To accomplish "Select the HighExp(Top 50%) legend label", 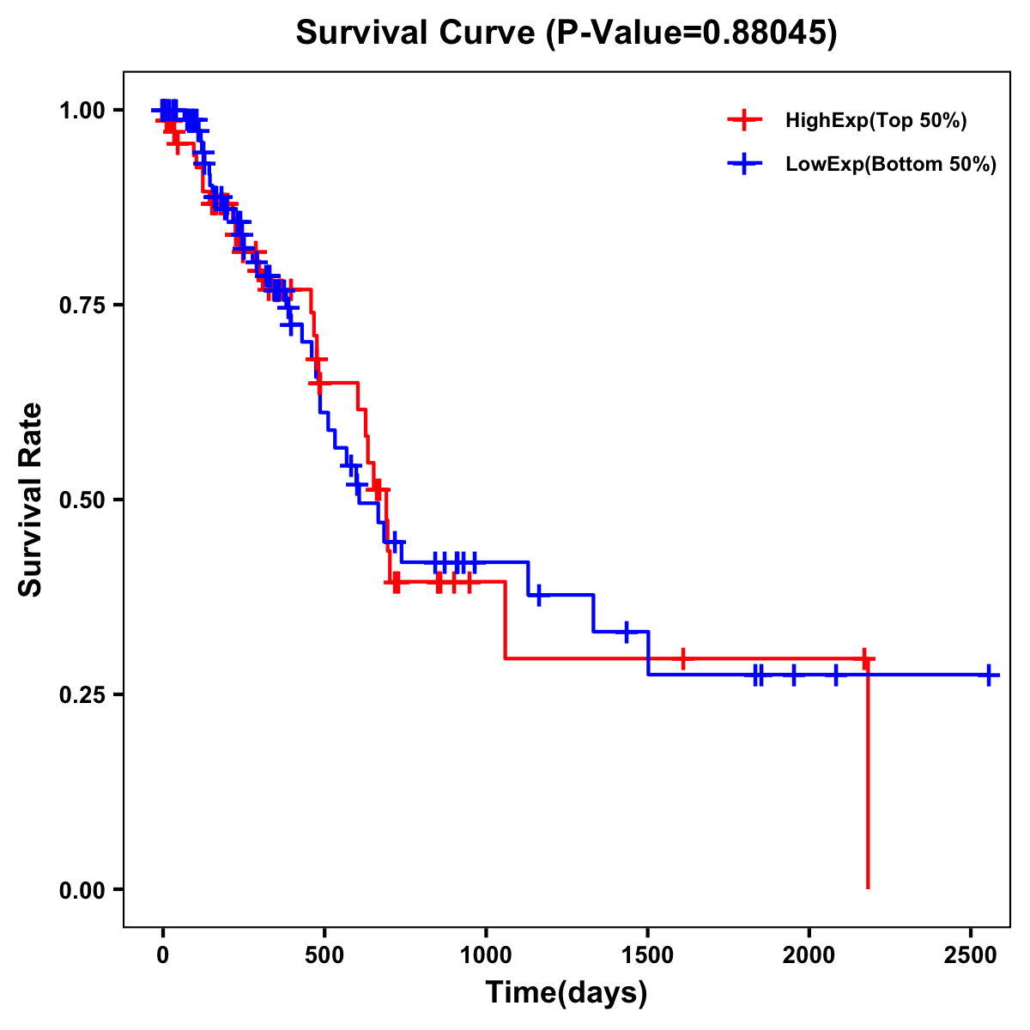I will [875, 121].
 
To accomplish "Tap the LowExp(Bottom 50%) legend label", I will [891, 165].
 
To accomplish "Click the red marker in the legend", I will [744, 120].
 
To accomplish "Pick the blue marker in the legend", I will [744, 164].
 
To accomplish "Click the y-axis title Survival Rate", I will [31, 500].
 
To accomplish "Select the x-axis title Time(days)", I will [566, 993].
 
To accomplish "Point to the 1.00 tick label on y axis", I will [82, 111].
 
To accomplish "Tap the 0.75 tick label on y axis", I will [82, 306].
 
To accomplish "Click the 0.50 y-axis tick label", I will [82, 500].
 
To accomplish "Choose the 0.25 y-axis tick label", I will [82, 695].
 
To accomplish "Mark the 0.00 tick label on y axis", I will [82, 890].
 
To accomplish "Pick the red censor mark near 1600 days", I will [682, 658].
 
